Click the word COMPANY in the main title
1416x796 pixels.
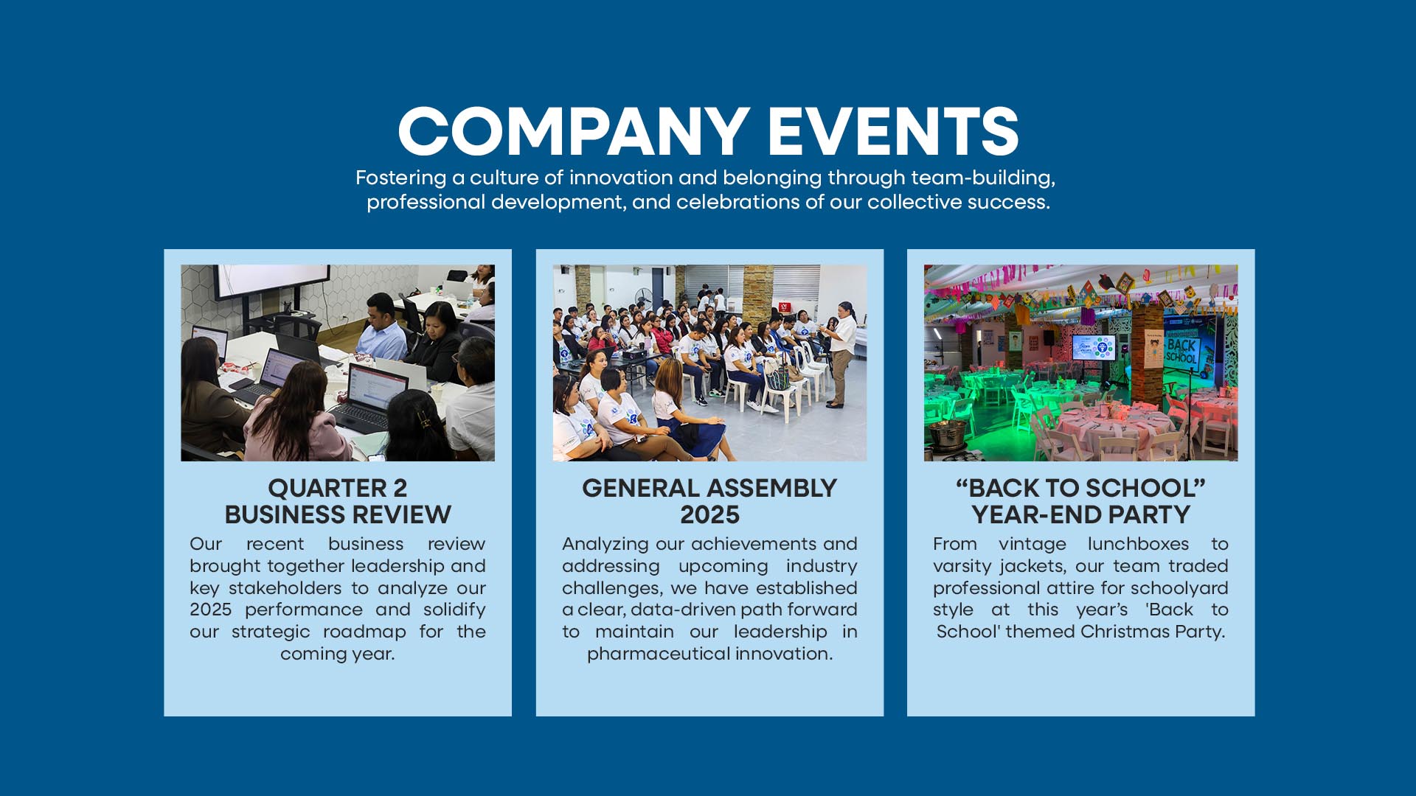click(574, 131)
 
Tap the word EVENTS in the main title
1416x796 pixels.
click(893, 131)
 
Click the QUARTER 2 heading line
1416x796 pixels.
click(338, 488)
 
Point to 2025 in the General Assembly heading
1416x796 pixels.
click(709, 514)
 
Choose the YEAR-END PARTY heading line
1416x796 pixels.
click(1080, 514)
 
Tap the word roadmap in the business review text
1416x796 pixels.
click(364, 632)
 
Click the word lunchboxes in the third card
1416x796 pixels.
click(1138, 544)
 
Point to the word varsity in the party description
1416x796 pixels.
click(963, 567)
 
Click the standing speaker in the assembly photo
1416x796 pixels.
click(840, 354)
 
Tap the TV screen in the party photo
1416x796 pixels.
click(1094, 347)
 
